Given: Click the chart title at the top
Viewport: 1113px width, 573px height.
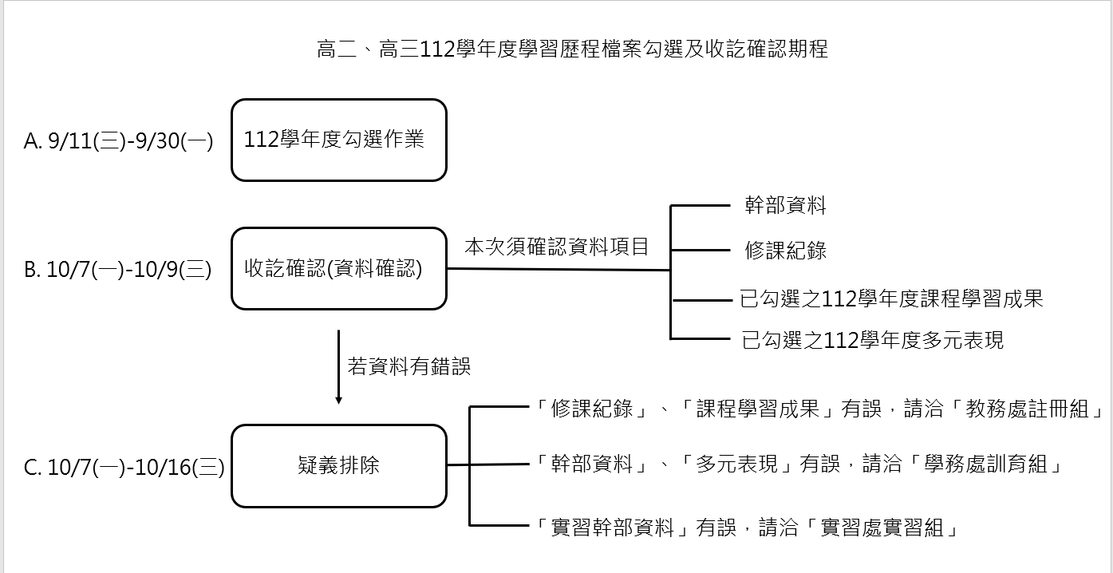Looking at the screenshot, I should pyautogui.click(x=572, y=49).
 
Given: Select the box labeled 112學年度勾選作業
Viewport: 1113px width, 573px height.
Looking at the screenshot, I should pyautogui.click(x=338, y=140).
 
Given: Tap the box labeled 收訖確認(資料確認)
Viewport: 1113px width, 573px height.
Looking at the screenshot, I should pyautogui.click(x=338, y=269).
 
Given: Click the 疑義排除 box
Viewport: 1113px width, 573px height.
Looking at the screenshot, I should pyautogui.click(x=338, y=465).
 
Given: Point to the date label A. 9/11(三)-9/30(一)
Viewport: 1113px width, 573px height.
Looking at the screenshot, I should pyautogui.click(x=119, y=142).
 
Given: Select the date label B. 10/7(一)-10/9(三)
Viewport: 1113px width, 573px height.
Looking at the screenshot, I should pyautogui.click(x=118, y=271).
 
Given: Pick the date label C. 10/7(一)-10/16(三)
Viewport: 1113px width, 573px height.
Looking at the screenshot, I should pyautogui.click(x=124, y=468).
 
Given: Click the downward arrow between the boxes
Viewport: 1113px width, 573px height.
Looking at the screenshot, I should pyautogui.click(x=338, y=367).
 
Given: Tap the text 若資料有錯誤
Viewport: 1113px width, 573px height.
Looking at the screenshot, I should pyautogui.click(x=409, y=366).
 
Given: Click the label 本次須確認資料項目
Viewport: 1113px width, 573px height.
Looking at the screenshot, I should pyautogui.click(x=557, y=247).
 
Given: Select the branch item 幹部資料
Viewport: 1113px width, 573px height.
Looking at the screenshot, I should pyautogui.click(x=785, y=206).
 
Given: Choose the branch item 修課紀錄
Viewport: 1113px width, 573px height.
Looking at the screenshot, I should pyautogui.click(x=785, y=251).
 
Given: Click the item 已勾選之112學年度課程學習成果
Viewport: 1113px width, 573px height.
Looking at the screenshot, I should pyautogui.click(x=892, y=299).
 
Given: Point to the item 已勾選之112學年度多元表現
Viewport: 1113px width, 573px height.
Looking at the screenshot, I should pyautogui.click(x=872, y=341).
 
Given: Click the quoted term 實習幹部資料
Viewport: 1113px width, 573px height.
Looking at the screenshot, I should pyautogui.click(x=613, y=528).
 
